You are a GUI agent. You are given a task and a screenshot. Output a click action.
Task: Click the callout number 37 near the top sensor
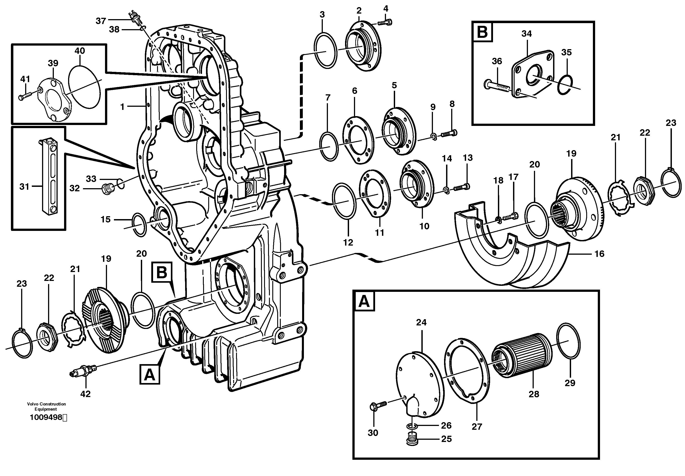coord(101,21)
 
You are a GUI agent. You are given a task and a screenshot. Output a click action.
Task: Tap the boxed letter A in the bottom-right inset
coord(364,302)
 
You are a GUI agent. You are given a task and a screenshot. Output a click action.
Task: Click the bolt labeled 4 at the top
coord(386,22)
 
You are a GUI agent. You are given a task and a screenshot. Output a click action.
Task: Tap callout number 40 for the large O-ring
coord(80,51)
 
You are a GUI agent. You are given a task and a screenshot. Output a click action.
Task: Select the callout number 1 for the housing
coord(122,107)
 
